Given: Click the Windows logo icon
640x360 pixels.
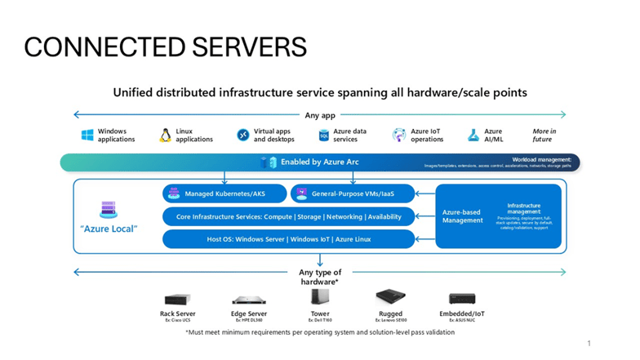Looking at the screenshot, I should tap(87, 136).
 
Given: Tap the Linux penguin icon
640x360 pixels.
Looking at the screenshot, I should tap(165, 136).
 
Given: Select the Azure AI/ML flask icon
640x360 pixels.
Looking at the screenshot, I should tap(473, 136).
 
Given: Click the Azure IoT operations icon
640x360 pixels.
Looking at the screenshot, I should tap(398, 136).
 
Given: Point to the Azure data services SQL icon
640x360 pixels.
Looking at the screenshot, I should tap(323, 136).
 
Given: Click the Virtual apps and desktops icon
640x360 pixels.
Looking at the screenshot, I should tap(242, 136).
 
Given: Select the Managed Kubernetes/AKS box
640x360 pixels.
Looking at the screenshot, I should tap(223, 193).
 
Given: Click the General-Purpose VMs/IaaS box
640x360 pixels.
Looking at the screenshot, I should tap(352, 193).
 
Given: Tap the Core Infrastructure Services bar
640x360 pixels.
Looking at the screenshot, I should tap(288, 216).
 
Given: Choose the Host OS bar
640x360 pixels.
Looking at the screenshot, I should tap(288, 239).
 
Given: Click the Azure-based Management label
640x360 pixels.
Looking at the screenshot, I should tap(463, 216).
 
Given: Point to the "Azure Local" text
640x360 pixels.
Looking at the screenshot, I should tap(109, 229).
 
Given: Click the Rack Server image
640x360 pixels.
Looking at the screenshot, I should tap(177, 299).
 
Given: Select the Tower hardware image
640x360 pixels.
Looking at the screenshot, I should tap(320, 297).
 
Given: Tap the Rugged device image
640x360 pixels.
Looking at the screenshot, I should tap(391, 297).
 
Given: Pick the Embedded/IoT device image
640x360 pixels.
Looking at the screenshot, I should tap(462, 299).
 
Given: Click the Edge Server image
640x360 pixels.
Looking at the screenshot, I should tap(248, 300).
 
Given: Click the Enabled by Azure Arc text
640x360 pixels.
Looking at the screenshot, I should tap(319, 162).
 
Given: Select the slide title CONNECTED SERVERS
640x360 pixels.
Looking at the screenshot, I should tap(165, 47).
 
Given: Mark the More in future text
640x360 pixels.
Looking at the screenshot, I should tap(544, 136).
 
